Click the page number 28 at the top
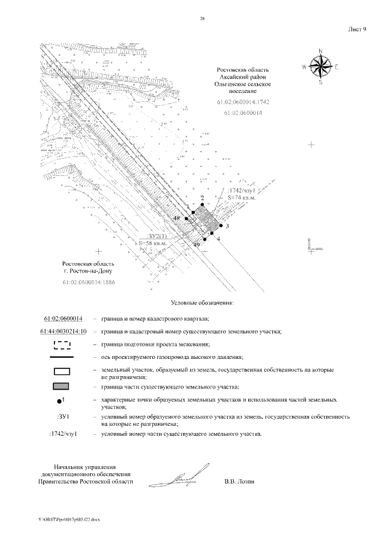click(x=203, y=20)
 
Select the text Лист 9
click(x=357, y=28)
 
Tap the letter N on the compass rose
click(x=320, y=51)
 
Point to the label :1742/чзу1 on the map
click(x=240, y=191)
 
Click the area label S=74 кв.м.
click(x=241, y=197)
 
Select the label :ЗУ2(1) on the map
click(x=156, y=236)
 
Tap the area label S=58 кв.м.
click(x=156, y=243)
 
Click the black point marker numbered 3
click(x=220, y=225)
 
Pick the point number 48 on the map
click(x=176, y=219)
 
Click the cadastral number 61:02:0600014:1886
click(x=88, y=282)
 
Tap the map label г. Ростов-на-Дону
click(x=88, y=271)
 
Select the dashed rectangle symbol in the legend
click(x=62, y=344)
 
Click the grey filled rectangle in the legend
click(x=62, y=386)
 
